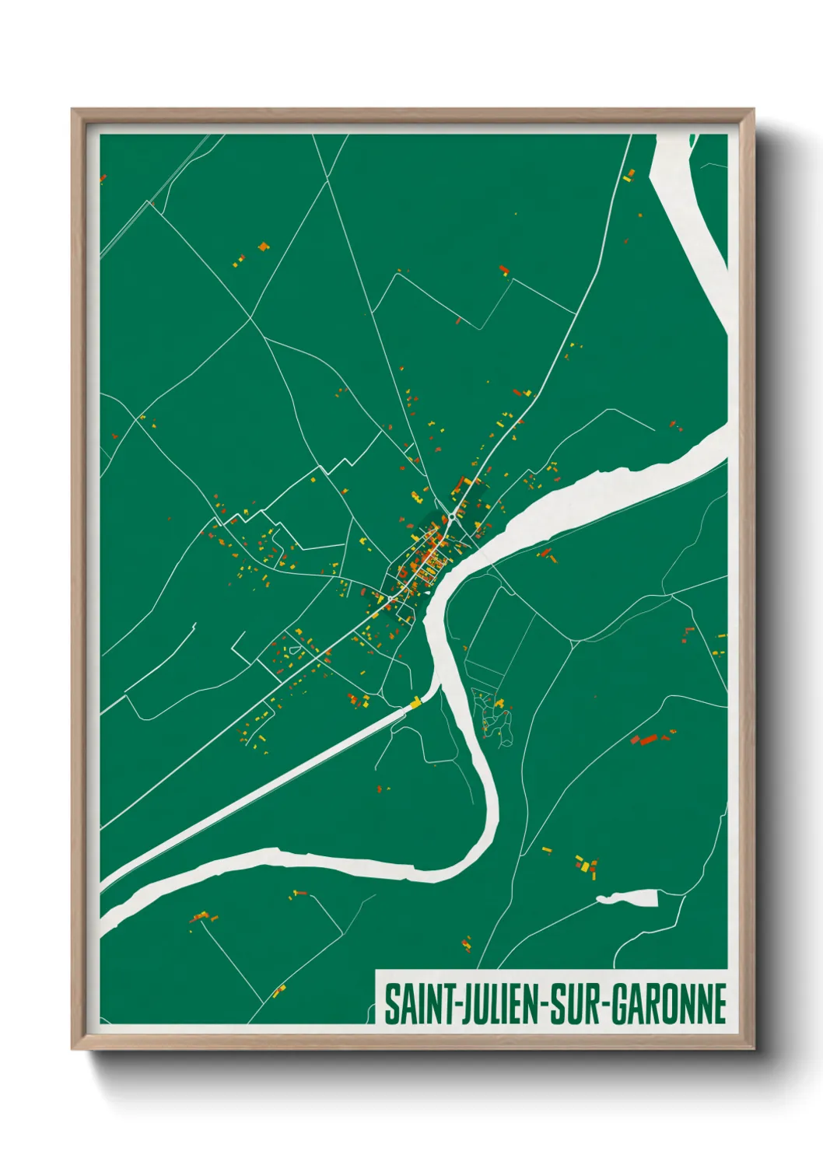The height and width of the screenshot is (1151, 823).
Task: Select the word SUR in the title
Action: (x=576, y=1005)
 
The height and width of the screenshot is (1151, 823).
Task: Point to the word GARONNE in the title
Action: (x=668, y=1005)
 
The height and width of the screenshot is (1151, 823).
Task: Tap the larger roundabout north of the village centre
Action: (x=452, y=517)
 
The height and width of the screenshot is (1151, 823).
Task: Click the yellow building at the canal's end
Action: (x=416, y=704)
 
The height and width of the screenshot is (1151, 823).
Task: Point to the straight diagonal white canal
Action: (x=257, y=793)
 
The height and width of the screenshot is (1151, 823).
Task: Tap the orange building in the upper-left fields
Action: (x=263, y=247)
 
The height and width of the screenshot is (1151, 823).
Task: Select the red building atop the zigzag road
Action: (x=503, y=271)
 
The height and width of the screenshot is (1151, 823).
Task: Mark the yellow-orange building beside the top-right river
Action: (x=629, y=176)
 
